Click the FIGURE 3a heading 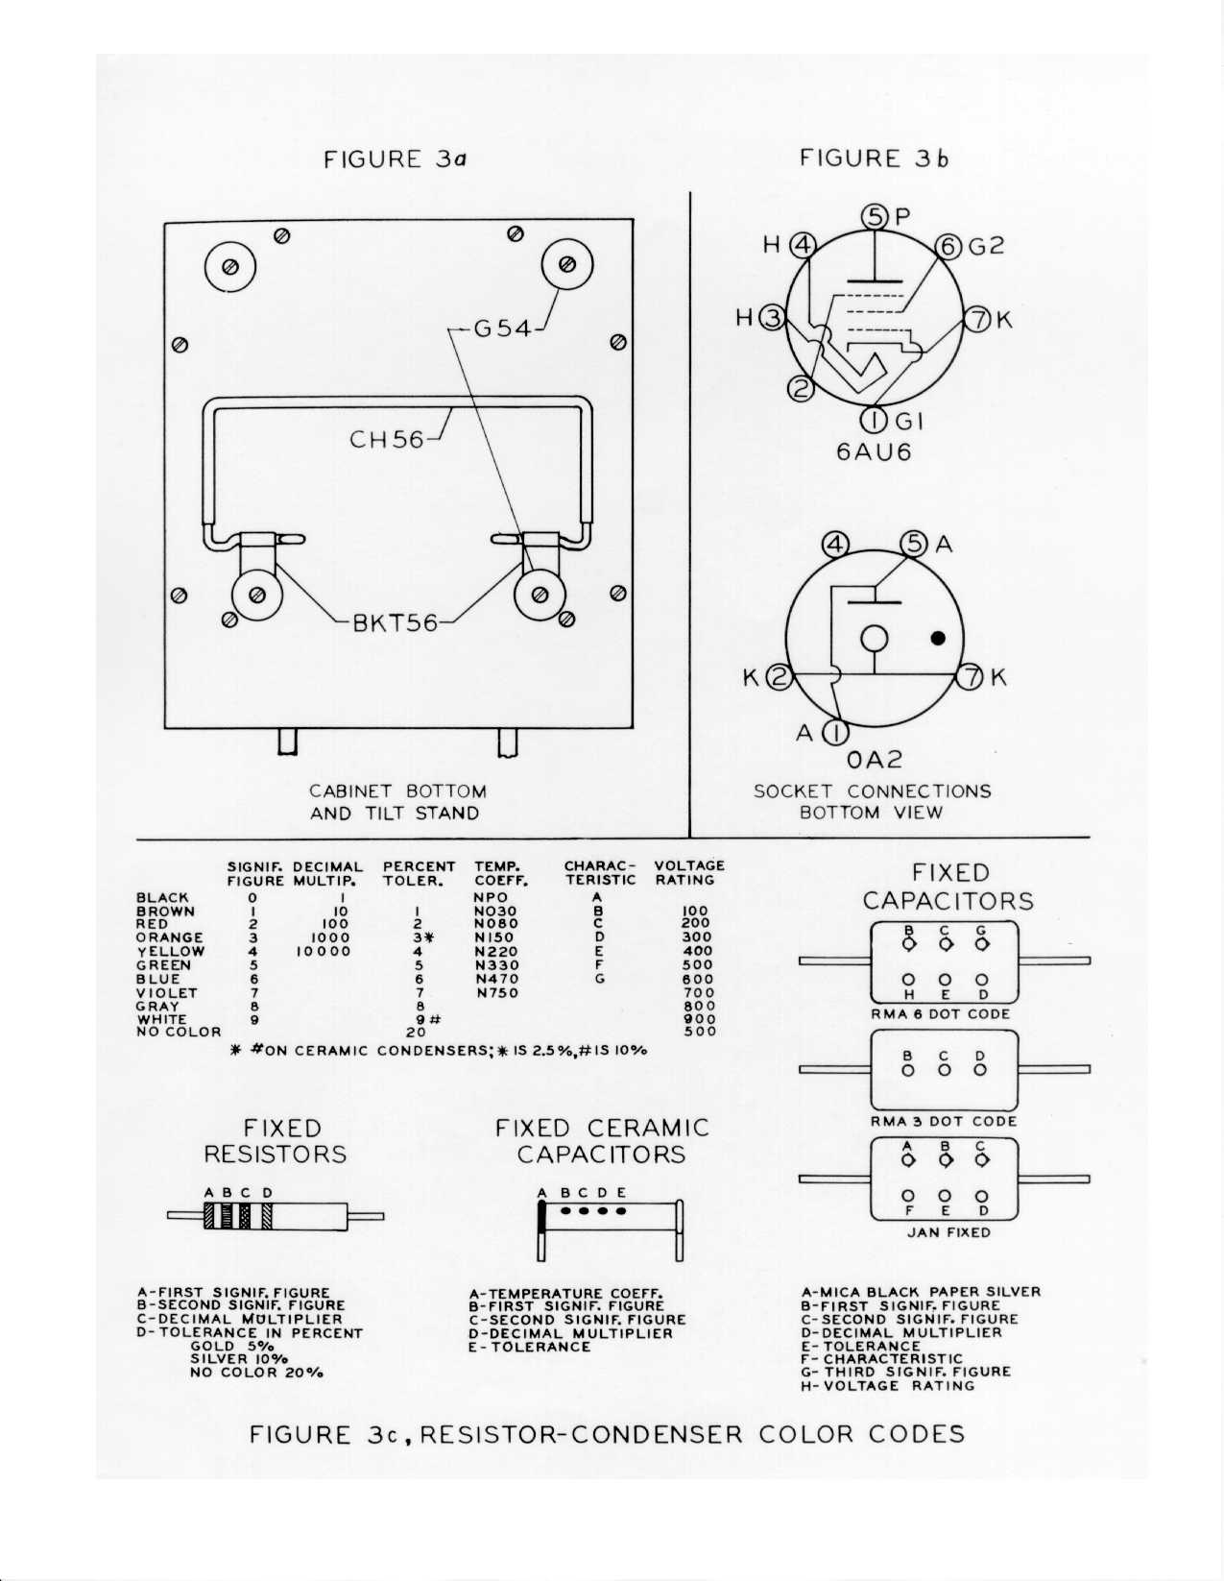pyautogui.click(x=395, y=158)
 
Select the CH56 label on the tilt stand pyautogui.click(x=387, y=440)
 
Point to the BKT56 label pyautogui.click(x=396, y=623)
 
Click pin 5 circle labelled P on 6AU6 pyautogui.click(x=876, y=217)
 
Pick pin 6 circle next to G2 pyautogui.click(x=948, y=247)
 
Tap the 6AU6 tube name pyautogui.click(x=873, y=451)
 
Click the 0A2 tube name pyautogui.click(x=875, y=760)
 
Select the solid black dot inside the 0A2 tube pyautogui.click(x=938, y=638)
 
